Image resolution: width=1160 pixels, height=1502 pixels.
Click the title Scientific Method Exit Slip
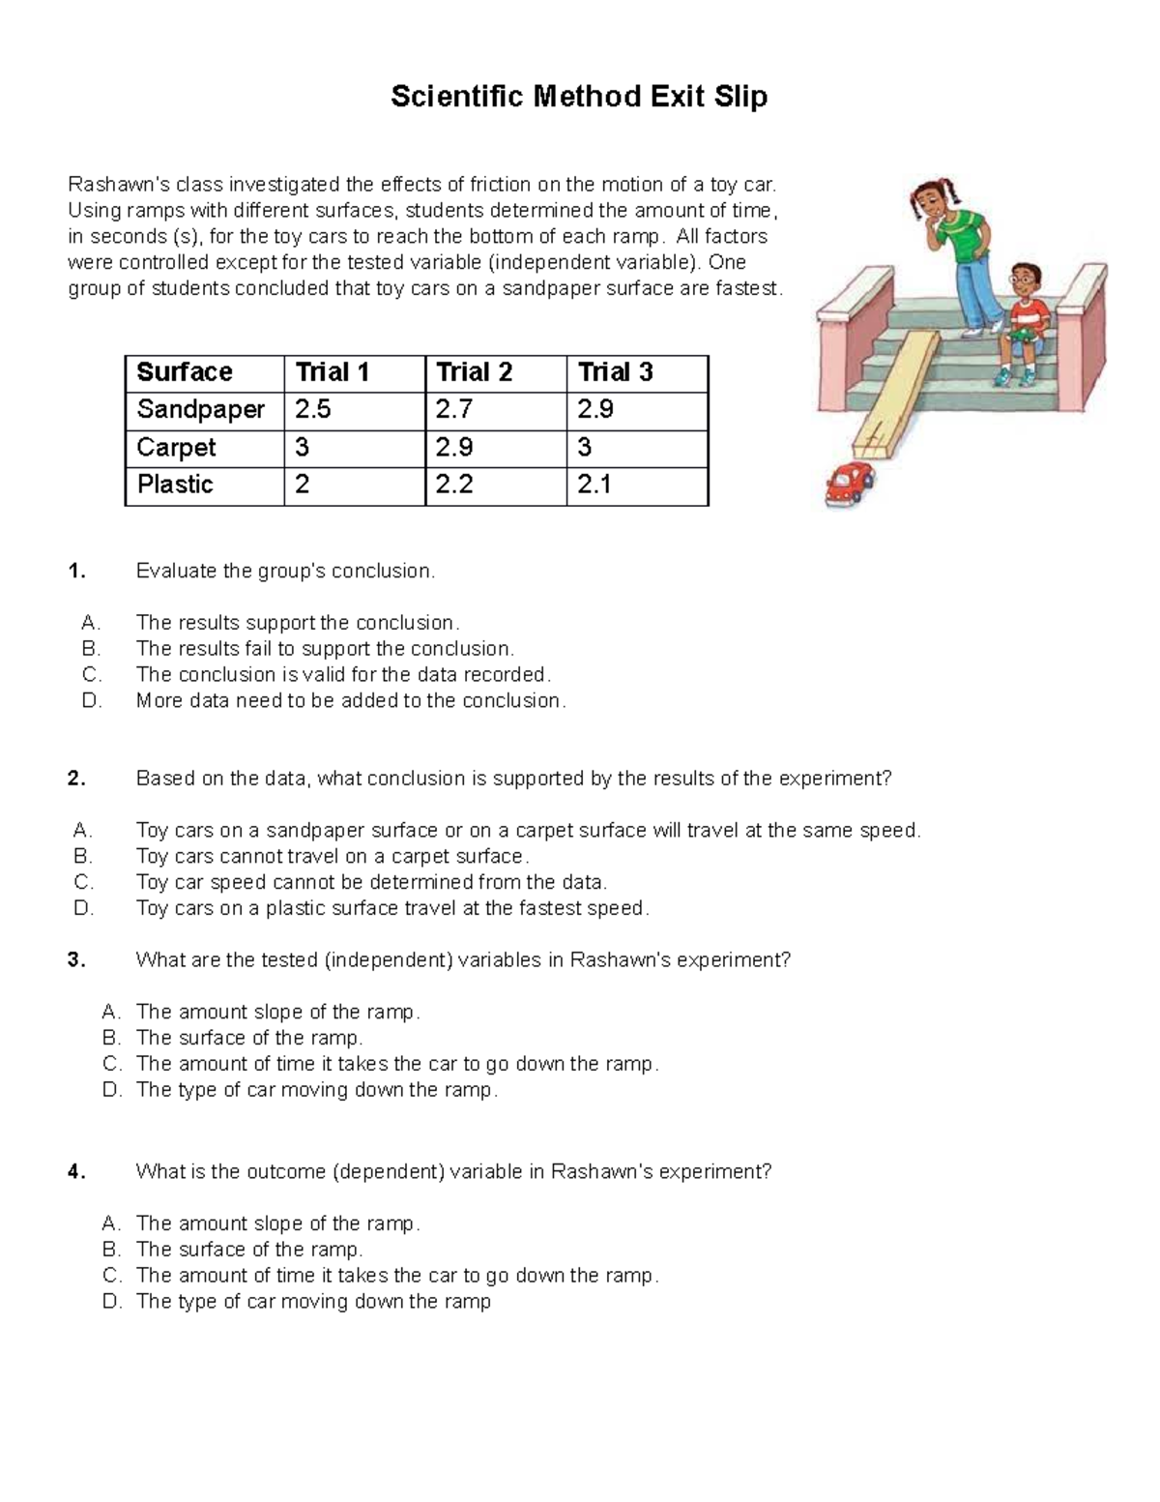[x=579, y=97]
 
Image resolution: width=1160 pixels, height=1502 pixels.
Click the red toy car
[x=848, y=483]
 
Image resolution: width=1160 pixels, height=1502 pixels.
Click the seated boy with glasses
[x=1027, y=319]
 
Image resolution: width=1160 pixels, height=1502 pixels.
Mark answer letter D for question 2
[x=83, y=908]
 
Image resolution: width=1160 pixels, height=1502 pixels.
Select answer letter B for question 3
[x=112, y=1038]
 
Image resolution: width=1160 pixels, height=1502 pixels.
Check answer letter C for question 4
[x=112, y=1276]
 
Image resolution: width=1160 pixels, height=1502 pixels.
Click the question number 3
[x=76, y=960]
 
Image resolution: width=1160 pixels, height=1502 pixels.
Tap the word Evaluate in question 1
[x=176, y=572]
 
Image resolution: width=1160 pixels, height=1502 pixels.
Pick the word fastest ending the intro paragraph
[x=741, y=289]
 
